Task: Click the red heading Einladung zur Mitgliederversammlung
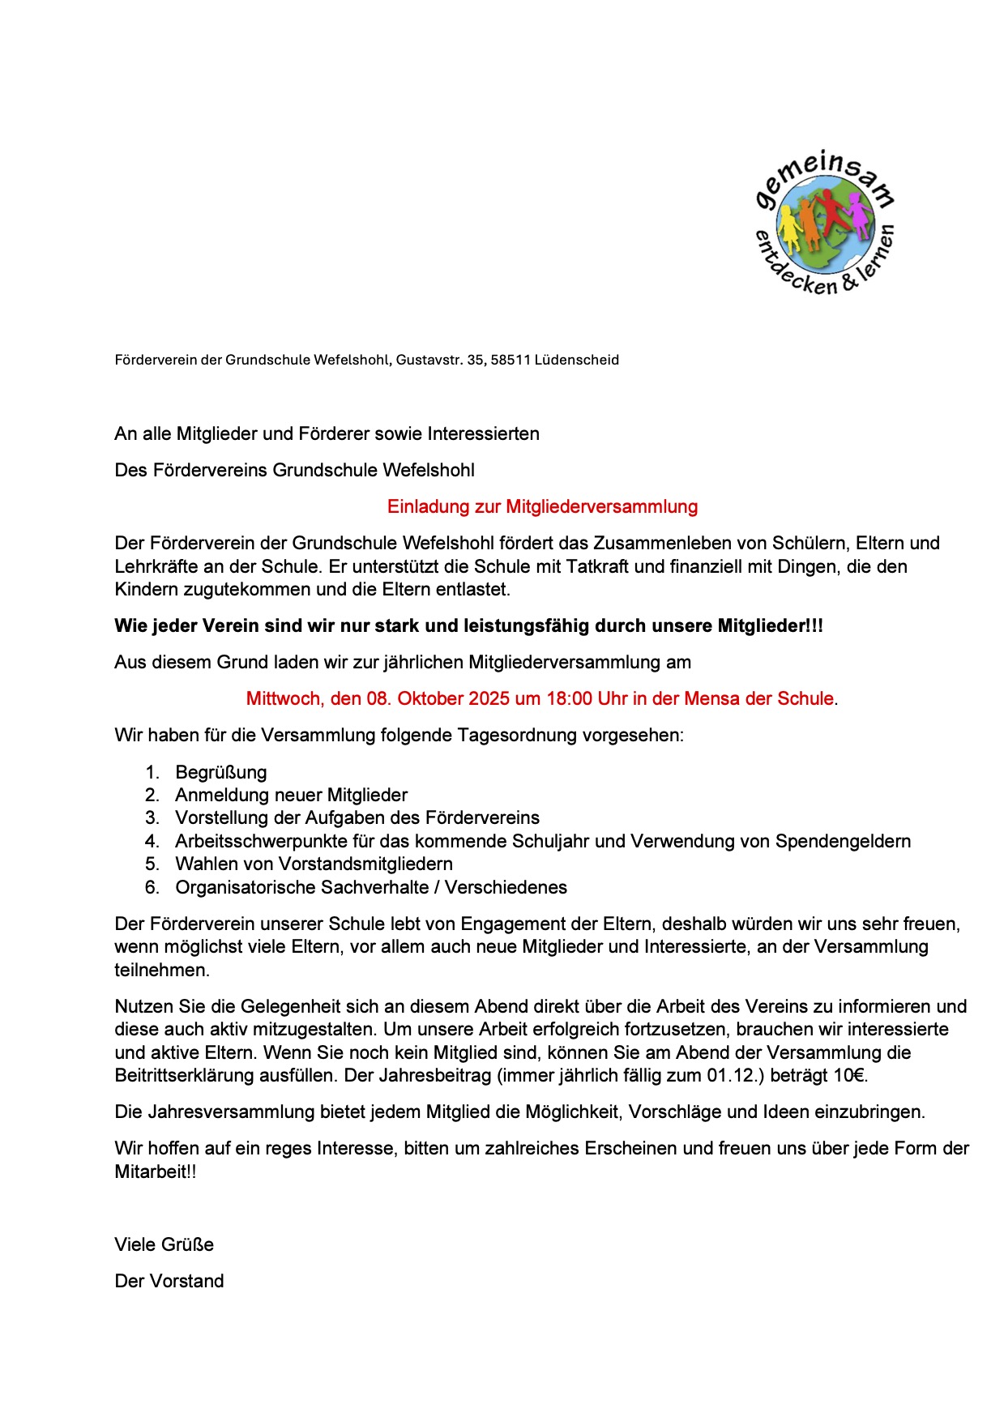coord(542,507)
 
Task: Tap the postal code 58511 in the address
coord(509,360)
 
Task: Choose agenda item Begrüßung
coord(220,773)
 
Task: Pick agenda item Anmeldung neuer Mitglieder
coord(291,796)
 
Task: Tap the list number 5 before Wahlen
coord(152,864)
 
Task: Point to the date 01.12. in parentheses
coord(732,1077)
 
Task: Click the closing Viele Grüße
coord(164,1245)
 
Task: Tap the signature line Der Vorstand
coord(169,1282)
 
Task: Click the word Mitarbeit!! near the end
coord(156,1172)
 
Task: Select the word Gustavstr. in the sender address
coord(429,360)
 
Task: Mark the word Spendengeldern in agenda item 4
coord(843,842)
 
